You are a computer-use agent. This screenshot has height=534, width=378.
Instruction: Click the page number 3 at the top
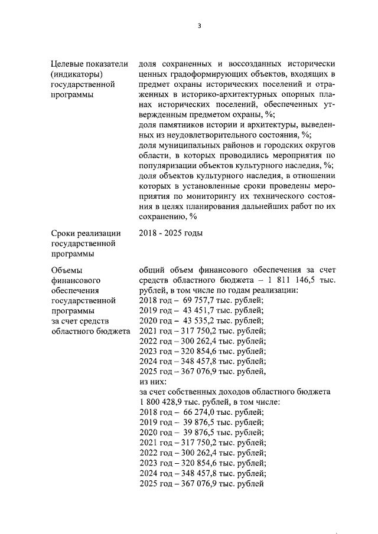click(200, 26)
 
